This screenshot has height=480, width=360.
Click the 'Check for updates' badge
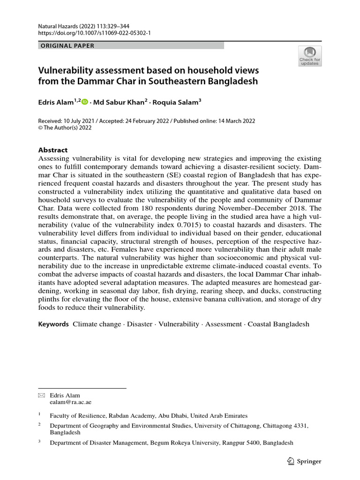(x=309, y=55)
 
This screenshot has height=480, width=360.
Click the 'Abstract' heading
(x=52, y=150)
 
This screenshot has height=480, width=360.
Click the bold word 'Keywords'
(x=53, y=324)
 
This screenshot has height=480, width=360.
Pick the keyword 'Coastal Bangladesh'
(x=278, y=324)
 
